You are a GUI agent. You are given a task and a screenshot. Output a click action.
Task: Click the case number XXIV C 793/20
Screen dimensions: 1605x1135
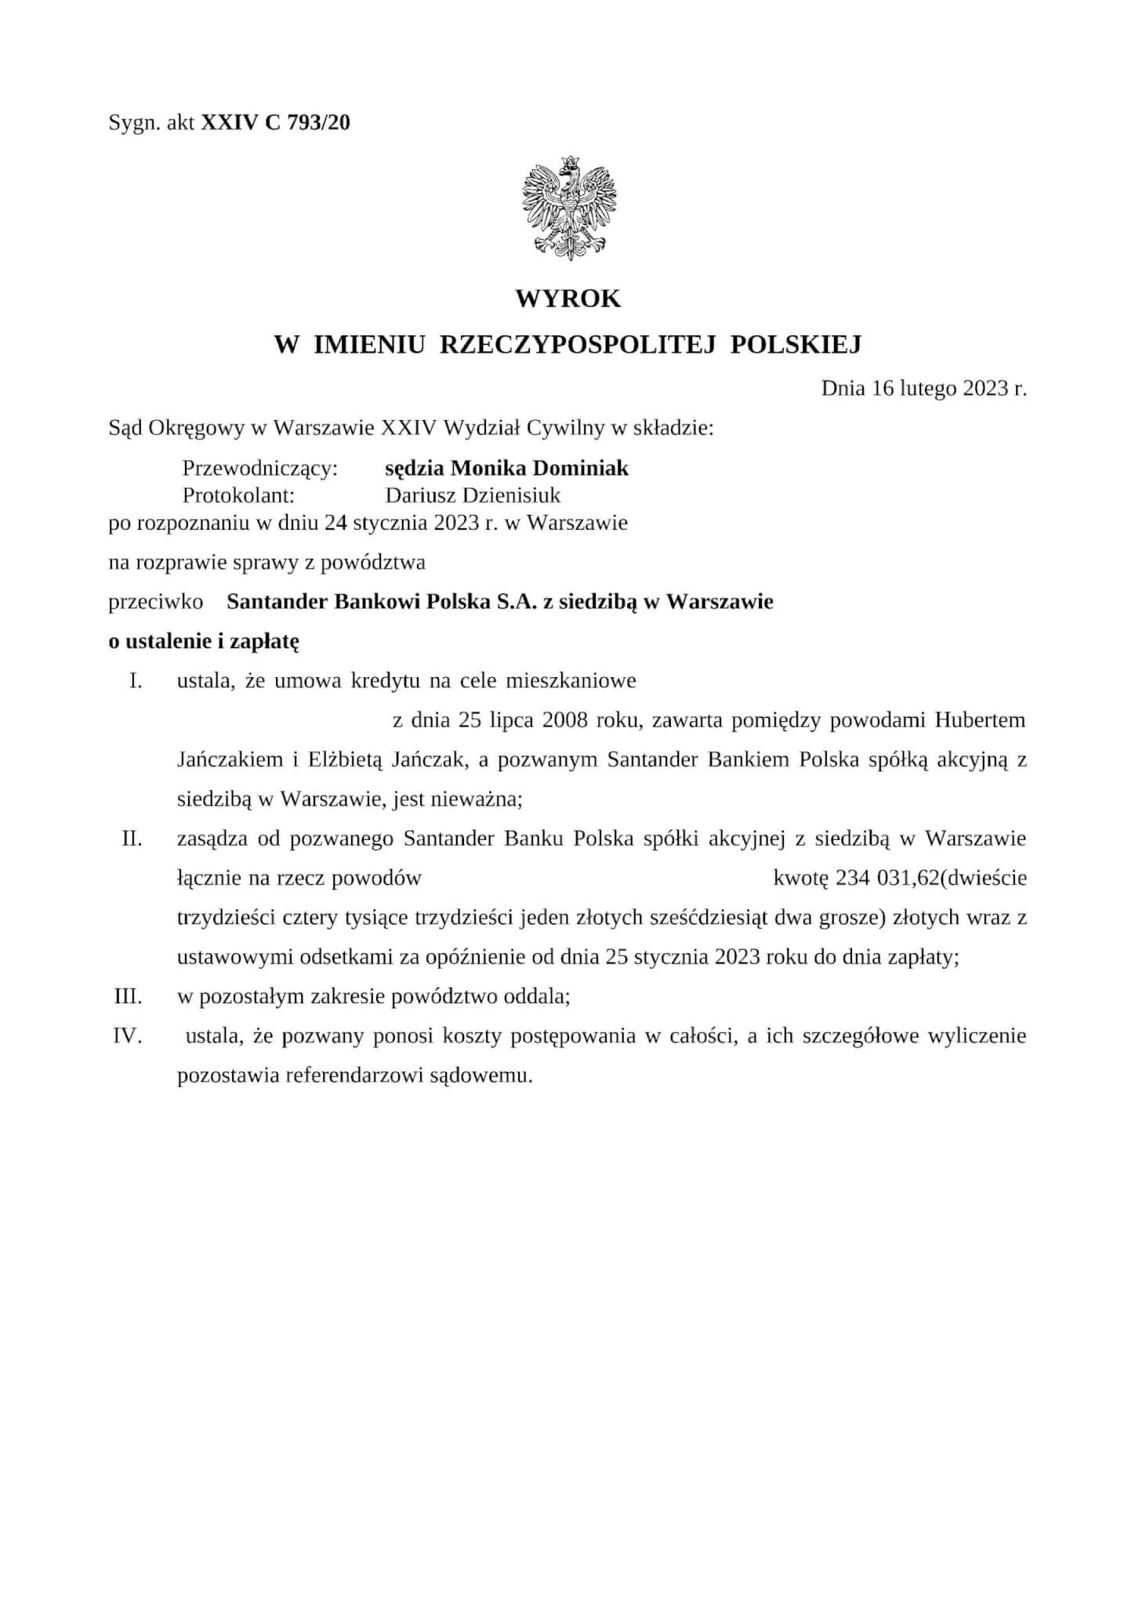pyautogui.click(x=276, y=122)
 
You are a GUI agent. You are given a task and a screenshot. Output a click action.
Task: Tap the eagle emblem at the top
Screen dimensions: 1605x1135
pyautogui.click(x=568, y=207)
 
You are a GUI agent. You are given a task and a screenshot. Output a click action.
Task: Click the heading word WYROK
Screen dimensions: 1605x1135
pyautogui.click(x=567, y=299)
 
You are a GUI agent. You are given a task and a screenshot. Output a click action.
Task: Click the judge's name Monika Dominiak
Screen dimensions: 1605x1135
pyautogui.click(x=539, y=469)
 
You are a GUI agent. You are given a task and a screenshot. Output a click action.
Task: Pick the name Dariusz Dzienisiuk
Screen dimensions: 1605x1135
pyautogui.click(x=473, y=495)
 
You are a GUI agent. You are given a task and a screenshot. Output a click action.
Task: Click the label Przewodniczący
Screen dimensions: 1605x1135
pyautogui.click(x=259, y=469)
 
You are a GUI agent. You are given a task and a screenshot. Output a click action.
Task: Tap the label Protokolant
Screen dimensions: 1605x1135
pyautogui.click(x=238, y=495)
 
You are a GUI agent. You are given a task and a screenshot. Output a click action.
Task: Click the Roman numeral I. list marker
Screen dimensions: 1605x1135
pyautogui.click(x=136, y=680)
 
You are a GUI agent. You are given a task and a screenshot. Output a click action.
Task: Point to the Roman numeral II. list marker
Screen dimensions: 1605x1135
pyautogui.click(x=132, y=839)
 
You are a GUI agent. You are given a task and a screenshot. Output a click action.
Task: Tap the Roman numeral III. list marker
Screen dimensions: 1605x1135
pyautogui.click(x=129, y=997)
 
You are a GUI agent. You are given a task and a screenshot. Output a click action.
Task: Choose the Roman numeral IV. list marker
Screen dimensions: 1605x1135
pyautogui.click(x=128, y=1036)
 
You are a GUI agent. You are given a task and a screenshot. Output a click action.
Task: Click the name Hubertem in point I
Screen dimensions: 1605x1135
pyautogui.click(x=980, y=719)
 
